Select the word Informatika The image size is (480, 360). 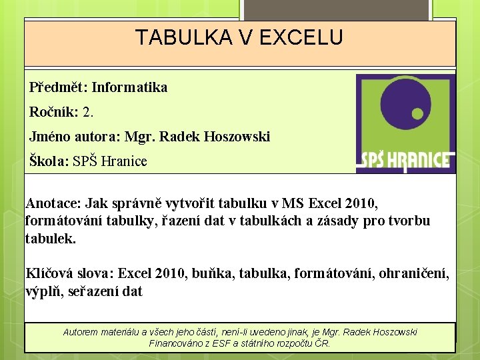tap(129, 87)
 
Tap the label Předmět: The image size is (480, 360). tap(58, 87)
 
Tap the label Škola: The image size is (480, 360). tap(49, 161)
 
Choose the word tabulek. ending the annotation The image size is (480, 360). tap(51, 238)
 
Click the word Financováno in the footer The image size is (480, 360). tap(177, 344)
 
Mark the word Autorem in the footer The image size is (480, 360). tap(82, 332)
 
